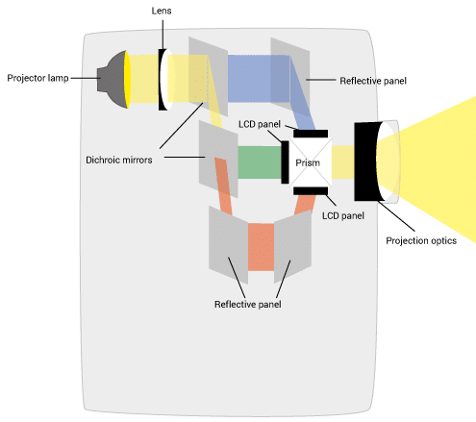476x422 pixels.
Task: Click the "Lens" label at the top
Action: tap(162, 11)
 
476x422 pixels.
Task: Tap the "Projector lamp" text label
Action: tap(38, 78)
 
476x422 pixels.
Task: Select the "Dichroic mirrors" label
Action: tap(119, 160)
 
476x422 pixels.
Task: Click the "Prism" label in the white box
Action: tap(308, 162)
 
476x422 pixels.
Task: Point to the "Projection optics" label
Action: tap(421, 241)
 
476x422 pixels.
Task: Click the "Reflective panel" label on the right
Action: tap(373, 81)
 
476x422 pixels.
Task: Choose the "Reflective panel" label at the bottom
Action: tap(248, 304)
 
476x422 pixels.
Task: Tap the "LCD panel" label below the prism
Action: tap(343, 215)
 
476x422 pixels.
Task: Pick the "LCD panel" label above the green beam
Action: tap(260, 124)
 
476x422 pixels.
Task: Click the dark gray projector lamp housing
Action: tap(112, 79)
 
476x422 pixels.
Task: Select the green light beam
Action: tap(260, 162)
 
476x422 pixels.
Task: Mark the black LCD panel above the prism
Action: tap(311, 134)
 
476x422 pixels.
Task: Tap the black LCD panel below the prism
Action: tap(311, 191)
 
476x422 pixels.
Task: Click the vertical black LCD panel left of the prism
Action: tap(285, 162)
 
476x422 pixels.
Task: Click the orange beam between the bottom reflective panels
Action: tap(261, 247)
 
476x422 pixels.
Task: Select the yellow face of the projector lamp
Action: tap(127, 80)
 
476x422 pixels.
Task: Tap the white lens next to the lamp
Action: tap(167, 80)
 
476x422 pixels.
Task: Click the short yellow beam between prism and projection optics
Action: tap(342, 162)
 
